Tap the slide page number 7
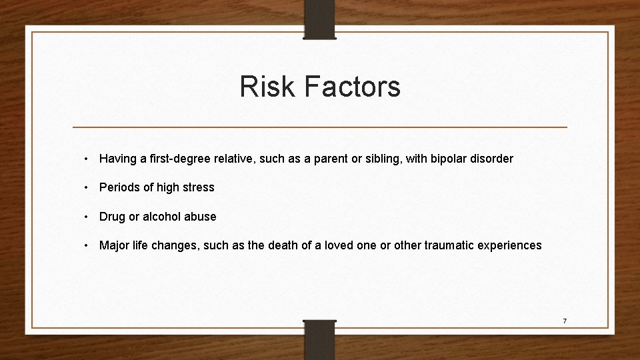564,321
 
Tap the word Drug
111,217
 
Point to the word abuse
202,217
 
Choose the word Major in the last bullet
114,245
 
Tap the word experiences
509,246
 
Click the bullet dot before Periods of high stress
88,188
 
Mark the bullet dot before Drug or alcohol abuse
88,217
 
